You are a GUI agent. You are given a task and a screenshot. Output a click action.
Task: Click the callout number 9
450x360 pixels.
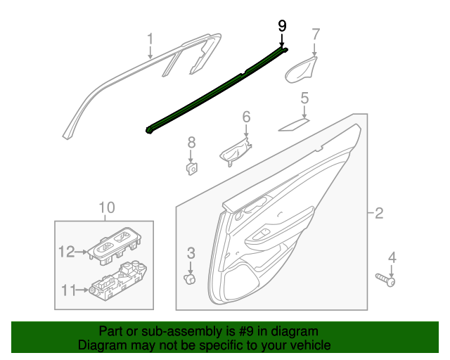tap(282, 25)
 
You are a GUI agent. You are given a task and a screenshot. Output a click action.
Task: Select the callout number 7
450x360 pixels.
tap(316, 33)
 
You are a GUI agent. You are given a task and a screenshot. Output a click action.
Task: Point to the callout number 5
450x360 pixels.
tap(304, 99)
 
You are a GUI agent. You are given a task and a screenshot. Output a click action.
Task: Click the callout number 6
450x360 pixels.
tap(246, 116)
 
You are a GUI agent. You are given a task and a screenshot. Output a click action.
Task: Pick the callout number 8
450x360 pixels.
tap(191, 143)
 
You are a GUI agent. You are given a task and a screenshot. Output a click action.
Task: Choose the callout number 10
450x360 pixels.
tap(105, 207)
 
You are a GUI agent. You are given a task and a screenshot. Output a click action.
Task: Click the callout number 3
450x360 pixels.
tap(191, 252)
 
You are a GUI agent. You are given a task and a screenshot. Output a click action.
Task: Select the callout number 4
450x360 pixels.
tap(392, 257)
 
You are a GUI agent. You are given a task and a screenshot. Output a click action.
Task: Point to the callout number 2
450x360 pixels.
tap(378, 213)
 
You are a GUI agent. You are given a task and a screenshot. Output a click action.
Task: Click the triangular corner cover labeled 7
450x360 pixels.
tap(300, 70)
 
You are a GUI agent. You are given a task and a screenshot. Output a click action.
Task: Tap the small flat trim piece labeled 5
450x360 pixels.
tap(293, 125)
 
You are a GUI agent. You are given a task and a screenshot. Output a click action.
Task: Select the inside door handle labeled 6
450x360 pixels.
tap(237, 152)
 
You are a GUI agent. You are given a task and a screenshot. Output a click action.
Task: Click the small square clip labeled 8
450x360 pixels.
tap(191, 167)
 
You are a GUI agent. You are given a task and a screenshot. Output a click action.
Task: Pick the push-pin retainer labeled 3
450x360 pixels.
tap(189, 279)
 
